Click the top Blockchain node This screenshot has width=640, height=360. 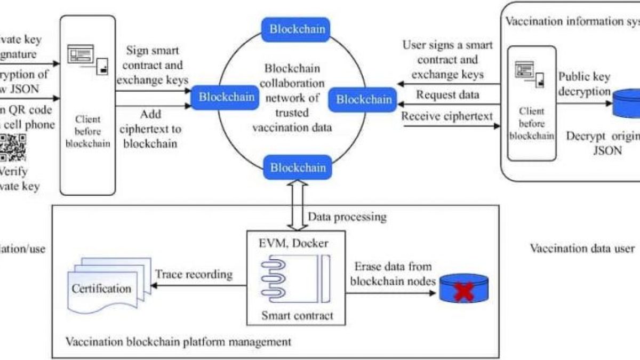pyautogui.click(x=297, y=29)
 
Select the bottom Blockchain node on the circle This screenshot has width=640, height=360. pyautogui.click(x=297, y=167)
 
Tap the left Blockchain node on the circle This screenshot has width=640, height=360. pyautogui.click(x=226, y=97)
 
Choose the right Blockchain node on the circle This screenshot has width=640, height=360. pyautogui.click(x=364, y=99)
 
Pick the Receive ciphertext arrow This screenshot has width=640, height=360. pyautogui.click(x=448, y=126)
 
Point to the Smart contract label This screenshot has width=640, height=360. pyautogui.click(x=297, y=315)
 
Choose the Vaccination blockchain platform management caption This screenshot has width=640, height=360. pyautogui.click(x=178, y=341)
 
